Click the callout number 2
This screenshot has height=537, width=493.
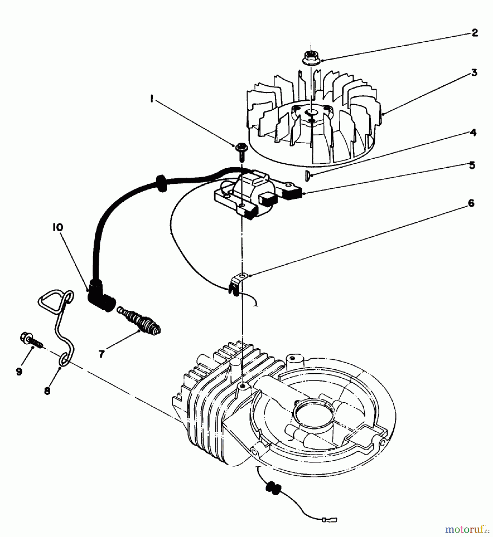(475, 33)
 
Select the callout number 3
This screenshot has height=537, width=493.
(474, 72)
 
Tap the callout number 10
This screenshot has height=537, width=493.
(59, 228)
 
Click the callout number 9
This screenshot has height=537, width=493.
(19, 371)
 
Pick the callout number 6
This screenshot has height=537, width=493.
(471, 203)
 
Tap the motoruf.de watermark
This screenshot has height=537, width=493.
(466, 529)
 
